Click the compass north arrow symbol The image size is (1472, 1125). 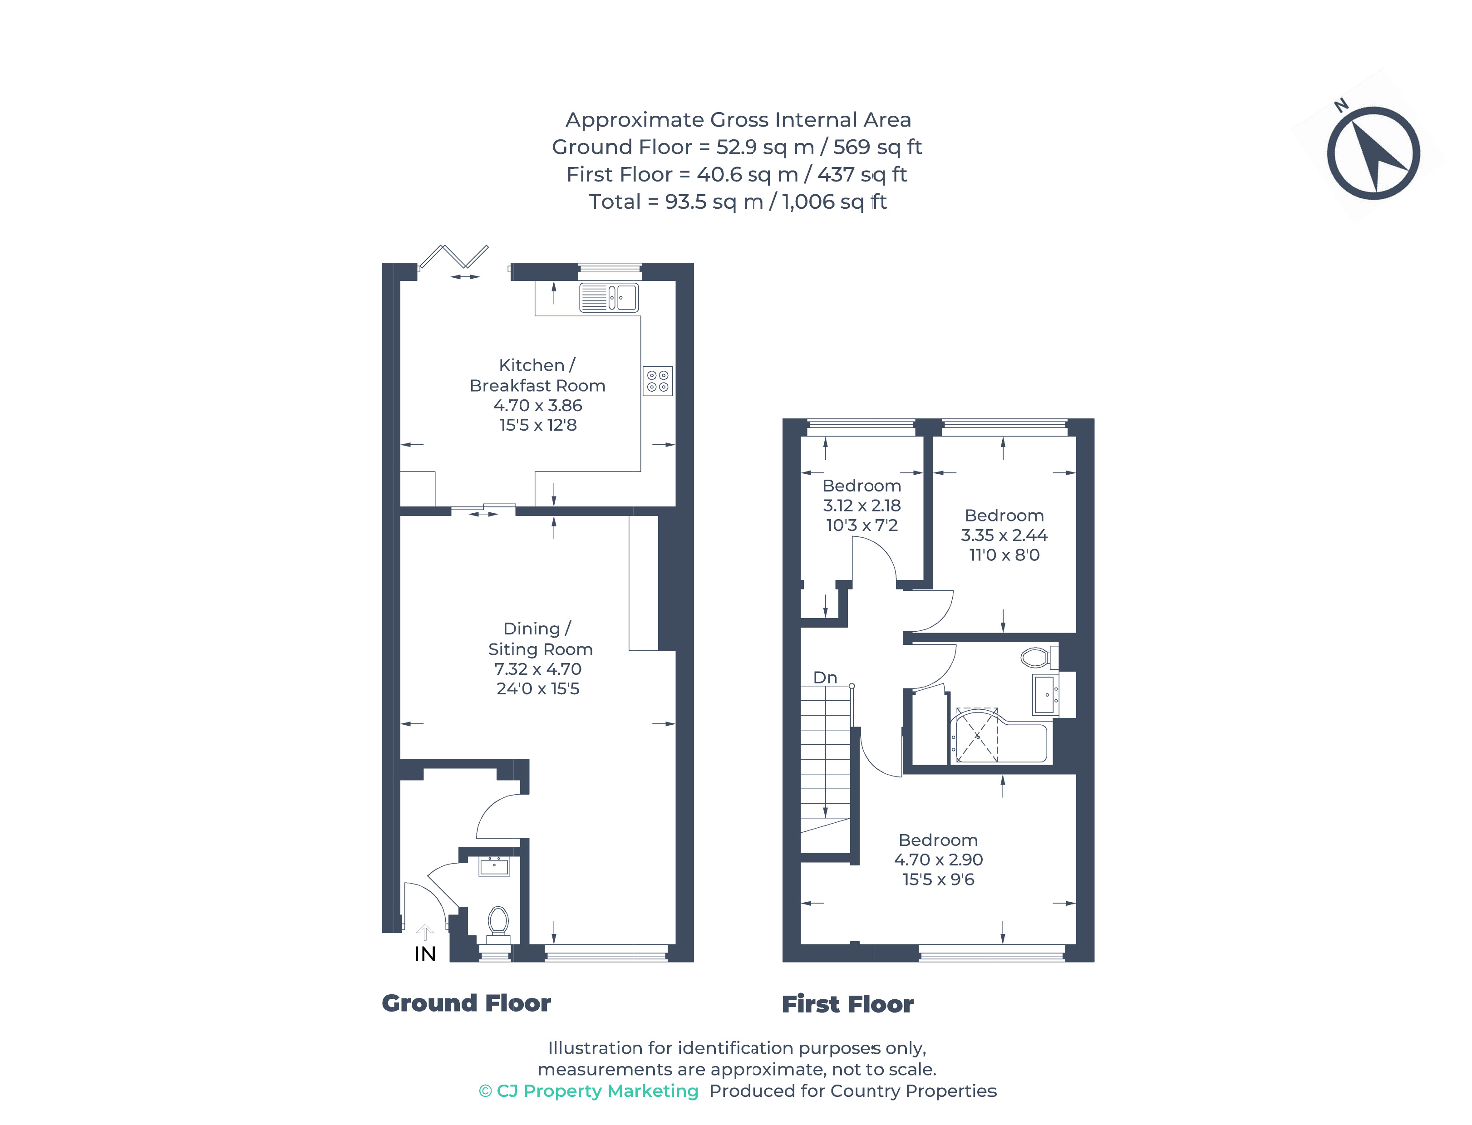[1373, 152]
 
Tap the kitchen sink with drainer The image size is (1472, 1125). [608, 297]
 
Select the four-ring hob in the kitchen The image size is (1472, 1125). [657, 381]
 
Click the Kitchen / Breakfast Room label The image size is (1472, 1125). [537, 375]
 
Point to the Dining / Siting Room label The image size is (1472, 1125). [539, 639]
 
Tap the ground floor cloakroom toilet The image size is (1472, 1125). [497, 923]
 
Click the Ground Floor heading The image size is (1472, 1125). [466, 1003]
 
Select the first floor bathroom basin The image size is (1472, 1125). [1045, 695]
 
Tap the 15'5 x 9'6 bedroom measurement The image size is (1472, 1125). [938, 879]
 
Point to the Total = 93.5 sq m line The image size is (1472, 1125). [737, 201]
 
